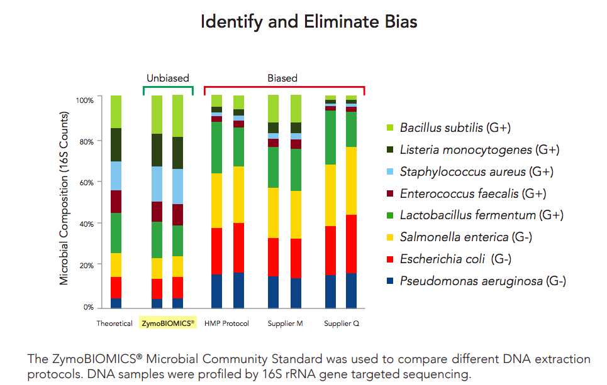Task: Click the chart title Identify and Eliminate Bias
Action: click(x=309, y=22)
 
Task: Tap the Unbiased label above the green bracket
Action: click(x=168, y=79)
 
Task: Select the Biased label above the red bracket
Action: click(x=282, y=79)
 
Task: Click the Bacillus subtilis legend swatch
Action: click(x=390, y=128)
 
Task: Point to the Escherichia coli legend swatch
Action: click(x=390, y=259)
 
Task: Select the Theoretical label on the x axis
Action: click(x=114, y=324)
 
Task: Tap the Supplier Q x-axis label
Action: click(x=342, y=324)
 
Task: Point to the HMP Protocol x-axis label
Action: click(x=226, y=324)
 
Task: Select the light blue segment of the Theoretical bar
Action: click(x=116, y=176)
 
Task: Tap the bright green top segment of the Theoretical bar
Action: click(x=116, y=112)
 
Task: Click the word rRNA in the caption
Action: click(x=348, y=375)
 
